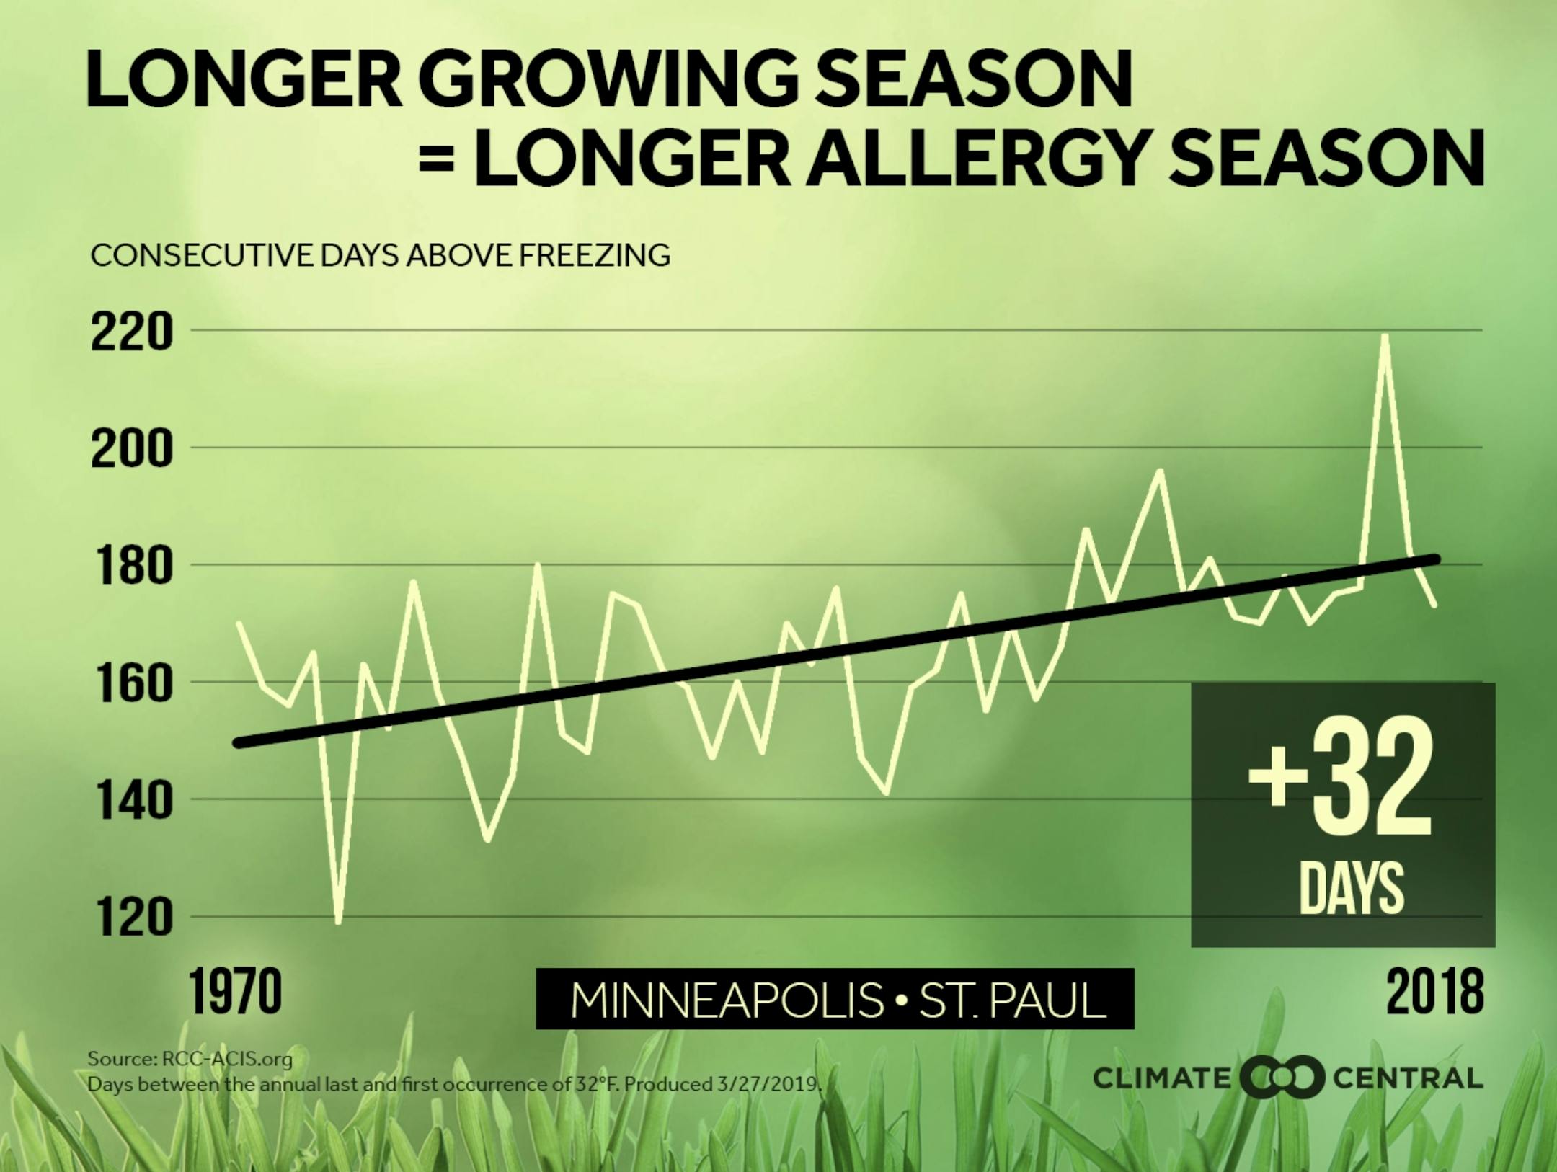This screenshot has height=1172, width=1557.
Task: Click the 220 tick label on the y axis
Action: tap(132, 333)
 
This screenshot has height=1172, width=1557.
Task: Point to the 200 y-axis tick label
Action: tap(132, 450)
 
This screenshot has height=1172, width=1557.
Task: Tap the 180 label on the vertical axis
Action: tap(132, 567)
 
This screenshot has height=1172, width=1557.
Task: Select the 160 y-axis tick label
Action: tap(132, 684)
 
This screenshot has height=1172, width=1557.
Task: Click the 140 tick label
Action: tap(132, 802)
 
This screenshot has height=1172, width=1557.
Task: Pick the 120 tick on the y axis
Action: tap(132, 919)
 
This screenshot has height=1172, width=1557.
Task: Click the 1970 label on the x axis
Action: tap(235, 993)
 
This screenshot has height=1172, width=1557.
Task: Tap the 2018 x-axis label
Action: tap(1434, 993)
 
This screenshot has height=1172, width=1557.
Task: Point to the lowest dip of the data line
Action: tap(337, 922)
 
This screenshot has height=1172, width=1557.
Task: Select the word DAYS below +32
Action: tap(1352, 888)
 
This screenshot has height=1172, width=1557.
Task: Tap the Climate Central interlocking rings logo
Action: tap(1282, 1078)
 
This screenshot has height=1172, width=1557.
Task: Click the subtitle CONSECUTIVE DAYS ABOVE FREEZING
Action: tap(380, 255)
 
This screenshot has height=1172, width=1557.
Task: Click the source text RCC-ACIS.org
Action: tap(227, 1059)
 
